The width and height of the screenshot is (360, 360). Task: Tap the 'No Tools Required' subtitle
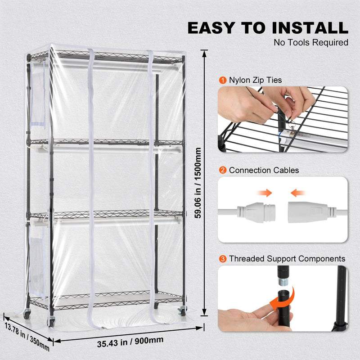(x=311, y=43)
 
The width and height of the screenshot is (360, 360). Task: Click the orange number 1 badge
(x=223, y=80)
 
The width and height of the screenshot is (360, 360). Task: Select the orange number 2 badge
(x=223, y=170)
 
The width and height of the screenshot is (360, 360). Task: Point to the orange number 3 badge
(x=223, y=259)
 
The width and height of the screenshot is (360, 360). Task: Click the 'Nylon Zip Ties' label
(x=255, y=80)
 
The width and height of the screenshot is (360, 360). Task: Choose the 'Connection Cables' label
(x=264, y=170)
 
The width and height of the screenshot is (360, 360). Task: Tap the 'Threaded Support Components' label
(x=287, y=259)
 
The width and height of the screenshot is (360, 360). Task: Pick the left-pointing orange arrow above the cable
(x=298, y=193)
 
